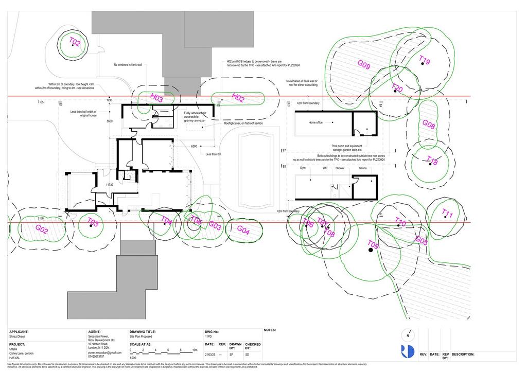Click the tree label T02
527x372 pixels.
tap(75, 42)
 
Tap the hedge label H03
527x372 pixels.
tap(157, 98)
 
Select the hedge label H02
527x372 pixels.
tap(238, 98)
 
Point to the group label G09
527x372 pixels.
tap(364, 65)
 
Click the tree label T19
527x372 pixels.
tap(425, 61)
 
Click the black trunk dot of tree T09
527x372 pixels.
tap(370, 250)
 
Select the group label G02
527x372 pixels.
tap(42, 231)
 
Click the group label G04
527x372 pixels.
tap(243, 232)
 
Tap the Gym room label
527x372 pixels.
tap(303, 168)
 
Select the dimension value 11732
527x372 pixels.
tap(109, 184)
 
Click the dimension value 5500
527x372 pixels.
tap(109, 121)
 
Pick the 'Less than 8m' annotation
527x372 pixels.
tap(213, 154)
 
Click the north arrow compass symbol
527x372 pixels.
tap(408, 335)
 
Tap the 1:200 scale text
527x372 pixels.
tap(133, 357)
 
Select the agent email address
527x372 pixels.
tap(104, 352)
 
